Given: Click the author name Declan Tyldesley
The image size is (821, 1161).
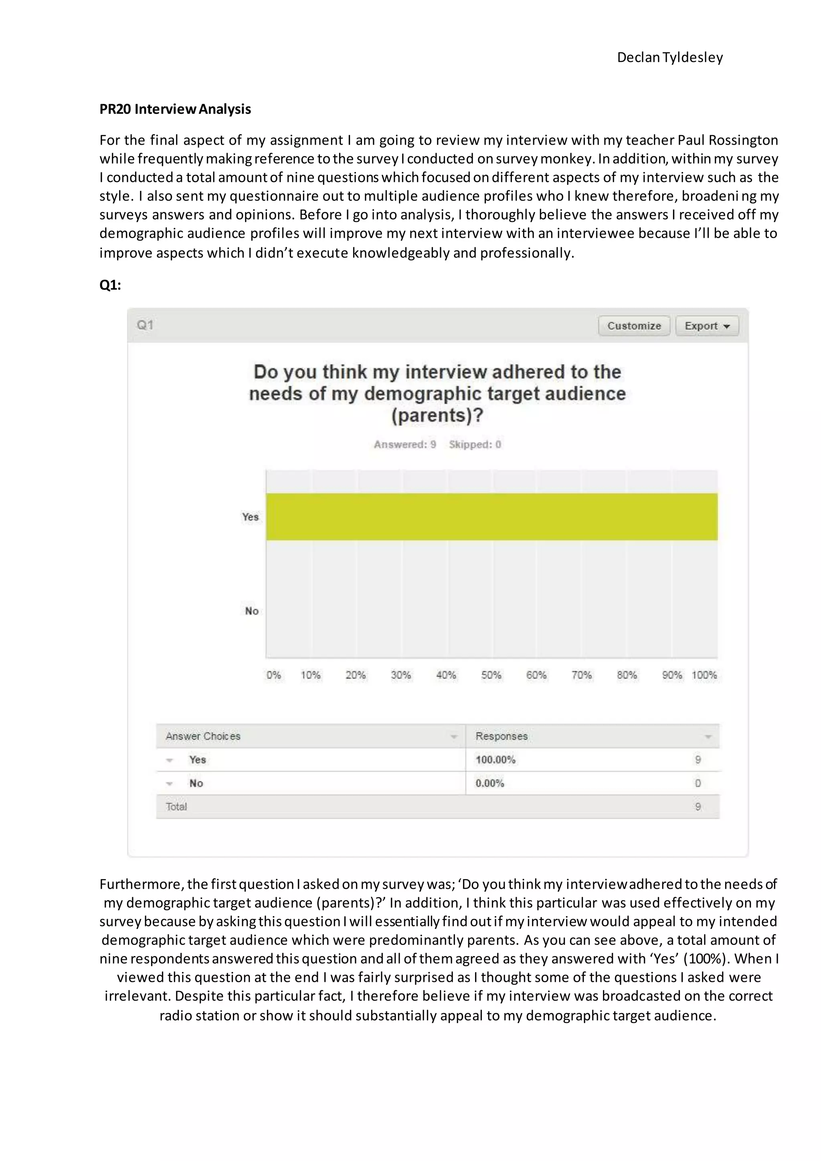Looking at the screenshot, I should [669, 58].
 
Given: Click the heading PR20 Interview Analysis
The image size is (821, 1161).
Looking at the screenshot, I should [175, 109].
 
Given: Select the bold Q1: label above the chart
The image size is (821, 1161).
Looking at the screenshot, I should [110, 285].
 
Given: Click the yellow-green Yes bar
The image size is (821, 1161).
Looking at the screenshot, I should [491, 516].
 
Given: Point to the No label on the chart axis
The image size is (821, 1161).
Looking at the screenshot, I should [252, 611].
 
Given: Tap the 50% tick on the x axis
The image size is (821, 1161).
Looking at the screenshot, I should [491, 675].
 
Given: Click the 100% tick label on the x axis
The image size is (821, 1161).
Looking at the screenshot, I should [704, 675].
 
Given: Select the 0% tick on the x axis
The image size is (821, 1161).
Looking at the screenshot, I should [273, 675].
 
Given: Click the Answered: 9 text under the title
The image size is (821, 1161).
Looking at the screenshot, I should [404, 445].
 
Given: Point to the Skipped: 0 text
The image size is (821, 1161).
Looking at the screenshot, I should [475, 445].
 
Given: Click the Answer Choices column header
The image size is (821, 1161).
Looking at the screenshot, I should [203, 736].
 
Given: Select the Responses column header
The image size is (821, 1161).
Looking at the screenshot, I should [501, 736].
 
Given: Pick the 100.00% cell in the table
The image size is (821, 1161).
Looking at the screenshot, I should [495, 760].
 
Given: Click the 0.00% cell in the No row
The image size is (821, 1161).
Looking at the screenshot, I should [489, 783].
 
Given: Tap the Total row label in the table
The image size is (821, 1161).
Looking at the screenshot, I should [176, 807].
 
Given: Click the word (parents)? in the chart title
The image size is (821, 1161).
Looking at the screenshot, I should [437, 416].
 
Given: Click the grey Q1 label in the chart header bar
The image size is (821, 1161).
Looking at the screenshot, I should [145, 325].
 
